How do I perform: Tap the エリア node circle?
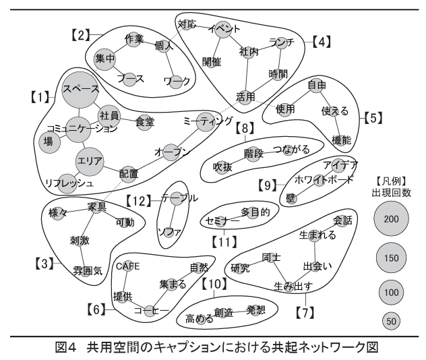(x=90, y=162)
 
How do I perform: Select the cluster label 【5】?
(x=373, y=117)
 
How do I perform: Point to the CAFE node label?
(x=127, y=266)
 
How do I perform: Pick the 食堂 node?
(x=144, y=122)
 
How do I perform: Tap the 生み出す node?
(x=292, y=287)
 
